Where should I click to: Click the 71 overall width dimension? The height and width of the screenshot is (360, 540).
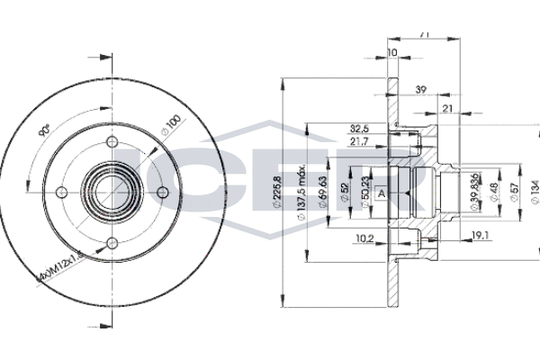click(x=424, y=33)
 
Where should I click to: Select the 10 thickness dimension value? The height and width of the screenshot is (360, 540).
click(x=392, y=54)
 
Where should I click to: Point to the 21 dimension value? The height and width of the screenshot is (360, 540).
click(x=448, y=109)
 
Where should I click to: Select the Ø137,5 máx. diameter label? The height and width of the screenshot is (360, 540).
click(x=308, y=190)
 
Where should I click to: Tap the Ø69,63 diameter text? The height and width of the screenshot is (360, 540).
click(x=324, y=190)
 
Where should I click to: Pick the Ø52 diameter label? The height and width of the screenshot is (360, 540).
click(x=346, y=191)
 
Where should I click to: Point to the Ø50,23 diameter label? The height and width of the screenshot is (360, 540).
click(x=364, y=191)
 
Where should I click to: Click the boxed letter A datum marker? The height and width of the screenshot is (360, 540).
click(x=382, y=193)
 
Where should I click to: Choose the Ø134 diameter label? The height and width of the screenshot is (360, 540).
click(x=534, y=190)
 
